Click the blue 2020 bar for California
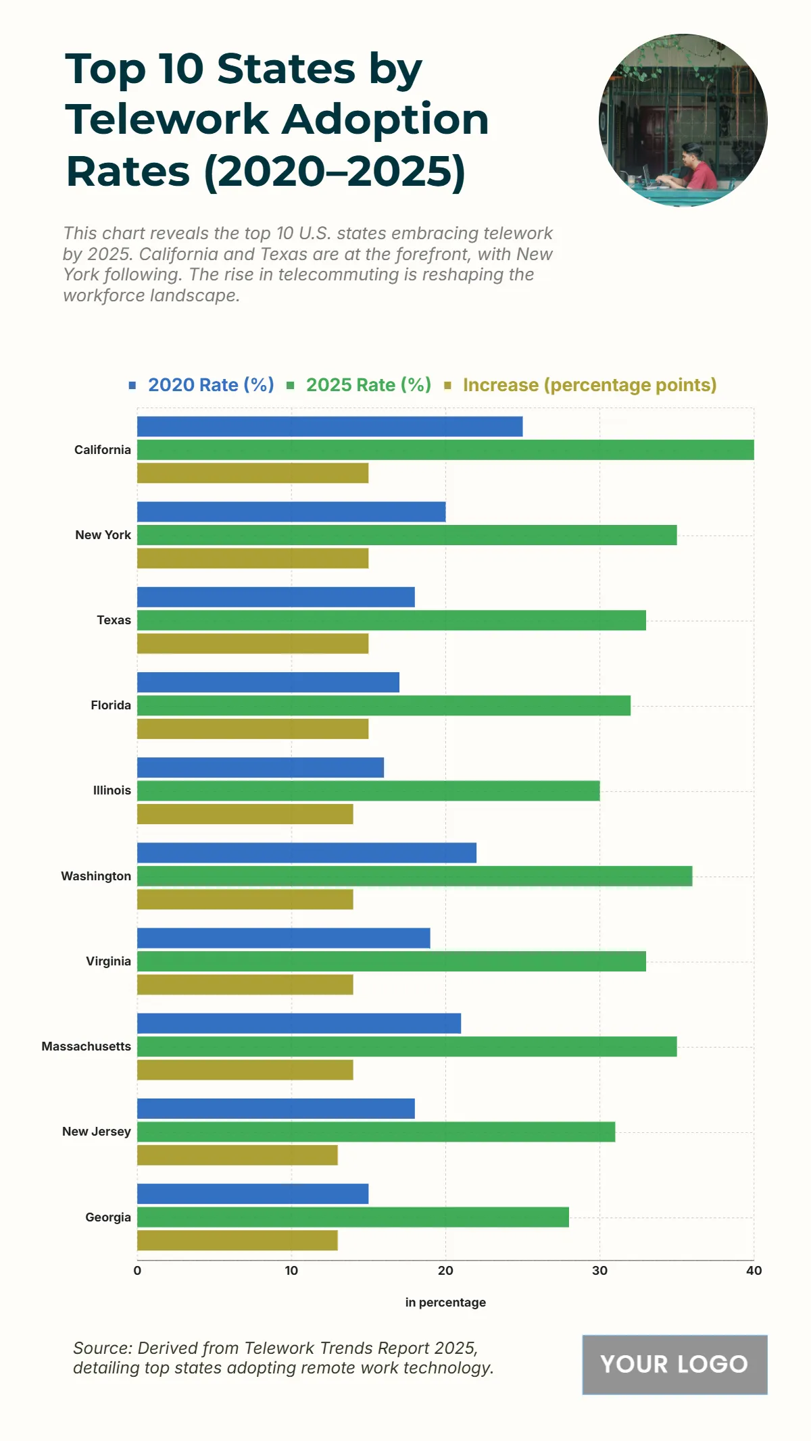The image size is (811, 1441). [330, 426]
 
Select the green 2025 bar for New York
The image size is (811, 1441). [407, 535]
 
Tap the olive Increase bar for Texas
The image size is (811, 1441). [253, 643]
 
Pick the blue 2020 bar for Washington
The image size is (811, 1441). [307, 853]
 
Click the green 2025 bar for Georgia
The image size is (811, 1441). [353, 1217]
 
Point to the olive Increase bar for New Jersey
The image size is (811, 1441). [237, 1155]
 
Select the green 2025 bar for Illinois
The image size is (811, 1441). [368, 790]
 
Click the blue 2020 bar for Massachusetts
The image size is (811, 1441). [299, 1023]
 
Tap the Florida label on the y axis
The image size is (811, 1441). [111, 705]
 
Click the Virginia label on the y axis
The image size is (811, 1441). [108, 961]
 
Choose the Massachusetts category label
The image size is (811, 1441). [86, 1046]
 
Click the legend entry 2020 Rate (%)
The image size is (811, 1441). [210, 385]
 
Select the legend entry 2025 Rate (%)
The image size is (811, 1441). [368, 385]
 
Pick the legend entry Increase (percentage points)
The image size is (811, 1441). [589, 385]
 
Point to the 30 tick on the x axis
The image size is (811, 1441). [599, 1271]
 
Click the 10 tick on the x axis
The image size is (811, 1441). [291, 1271]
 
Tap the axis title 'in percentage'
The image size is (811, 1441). [445, 1303]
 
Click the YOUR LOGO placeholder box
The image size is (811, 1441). [674, 1364]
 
